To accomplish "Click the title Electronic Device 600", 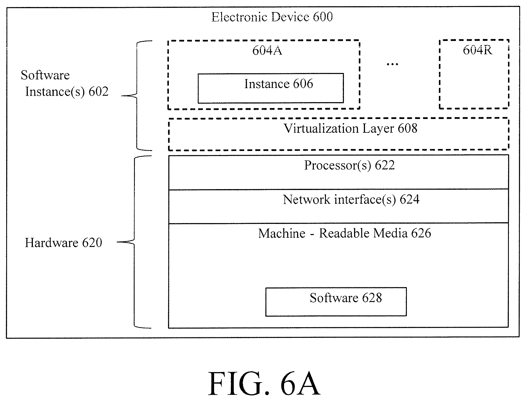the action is point(272,17).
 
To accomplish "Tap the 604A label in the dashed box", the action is point(267,51).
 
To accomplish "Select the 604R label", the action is point(477,50).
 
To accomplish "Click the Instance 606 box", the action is point(271,88).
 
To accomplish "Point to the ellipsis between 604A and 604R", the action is point(392,65).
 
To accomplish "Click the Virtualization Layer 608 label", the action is point(350,129).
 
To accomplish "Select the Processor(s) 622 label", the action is point(350,165).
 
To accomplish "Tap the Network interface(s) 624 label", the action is point(351,200).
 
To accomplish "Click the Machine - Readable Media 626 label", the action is point(344,233).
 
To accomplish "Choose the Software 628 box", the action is point(336,302).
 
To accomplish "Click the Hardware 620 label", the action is point(64,243).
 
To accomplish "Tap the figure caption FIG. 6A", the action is point(264,383).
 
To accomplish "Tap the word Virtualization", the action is point(321,129).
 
